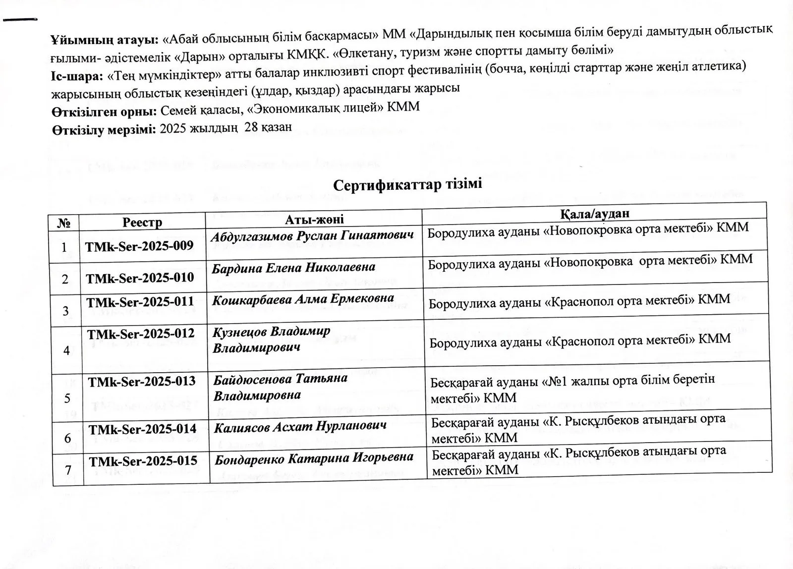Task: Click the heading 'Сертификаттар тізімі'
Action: point(407,185)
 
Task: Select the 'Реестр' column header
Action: point(142,222)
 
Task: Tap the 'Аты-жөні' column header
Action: point(314,219)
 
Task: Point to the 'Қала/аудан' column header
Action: point(595,213)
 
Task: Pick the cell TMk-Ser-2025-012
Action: point(141,334)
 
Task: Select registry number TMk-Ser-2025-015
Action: point(143,460)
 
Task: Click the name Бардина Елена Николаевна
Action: point(293,268)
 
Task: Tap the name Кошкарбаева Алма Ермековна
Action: point(303,299)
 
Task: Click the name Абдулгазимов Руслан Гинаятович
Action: point(312,236)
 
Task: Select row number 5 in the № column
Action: point(67,398)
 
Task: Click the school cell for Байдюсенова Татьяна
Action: point(572,389)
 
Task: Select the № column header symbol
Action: point(63,223)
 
